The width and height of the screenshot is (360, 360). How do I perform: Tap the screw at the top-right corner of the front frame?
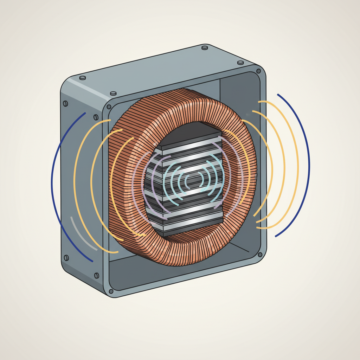tap(259, 71)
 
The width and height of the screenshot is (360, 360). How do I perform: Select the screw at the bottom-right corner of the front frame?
tap(260, 255)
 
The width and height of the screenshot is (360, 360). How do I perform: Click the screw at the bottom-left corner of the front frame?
tap(111, 291)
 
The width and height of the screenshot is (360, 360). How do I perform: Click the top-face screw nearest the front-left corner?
tap(113, 94)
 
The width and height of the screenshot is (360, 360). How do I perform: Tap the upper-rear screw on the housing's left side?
tap(65, 103)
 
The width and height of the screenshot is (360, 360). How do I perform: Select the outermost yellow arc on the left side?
tap(75, 183)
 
